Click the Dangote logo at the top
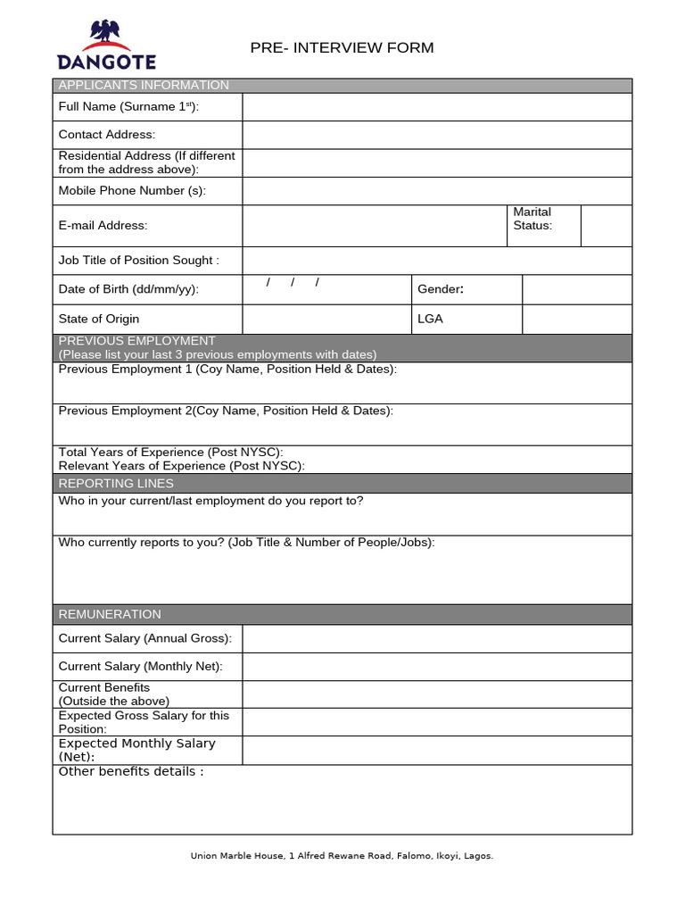tap(106, 45)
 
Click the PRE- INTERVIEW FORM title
tap(342, 47)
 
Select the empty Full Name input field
tap(436, 107)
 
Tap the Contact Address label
tap(107, 135)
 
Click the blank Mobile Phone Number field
tap(436, 191)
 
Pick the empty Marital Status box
tap(606, 225)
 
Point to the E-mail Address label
tap(103, 226)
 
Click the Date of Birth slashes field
tap(326, 288)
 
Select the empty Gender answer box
tap(576, 289)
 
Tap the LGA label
tap(430, 319)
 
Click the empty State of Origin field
tap(326, 319)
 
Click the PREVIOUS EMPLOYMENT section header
tap(136, 341)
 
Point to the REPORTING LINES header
tap(116, 484)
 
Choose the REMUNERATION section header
tap(110, 614)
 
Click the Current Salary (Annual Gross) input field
tap(436, 638)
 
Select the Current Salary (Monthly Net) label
tap(141, 667)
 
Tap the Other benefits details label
tap(131, 771)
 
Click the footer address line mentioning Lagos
tap(342, 856)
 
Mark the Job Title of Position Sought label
tap(138, 261)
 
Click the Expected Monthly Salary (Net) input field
tap(436, 751)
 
